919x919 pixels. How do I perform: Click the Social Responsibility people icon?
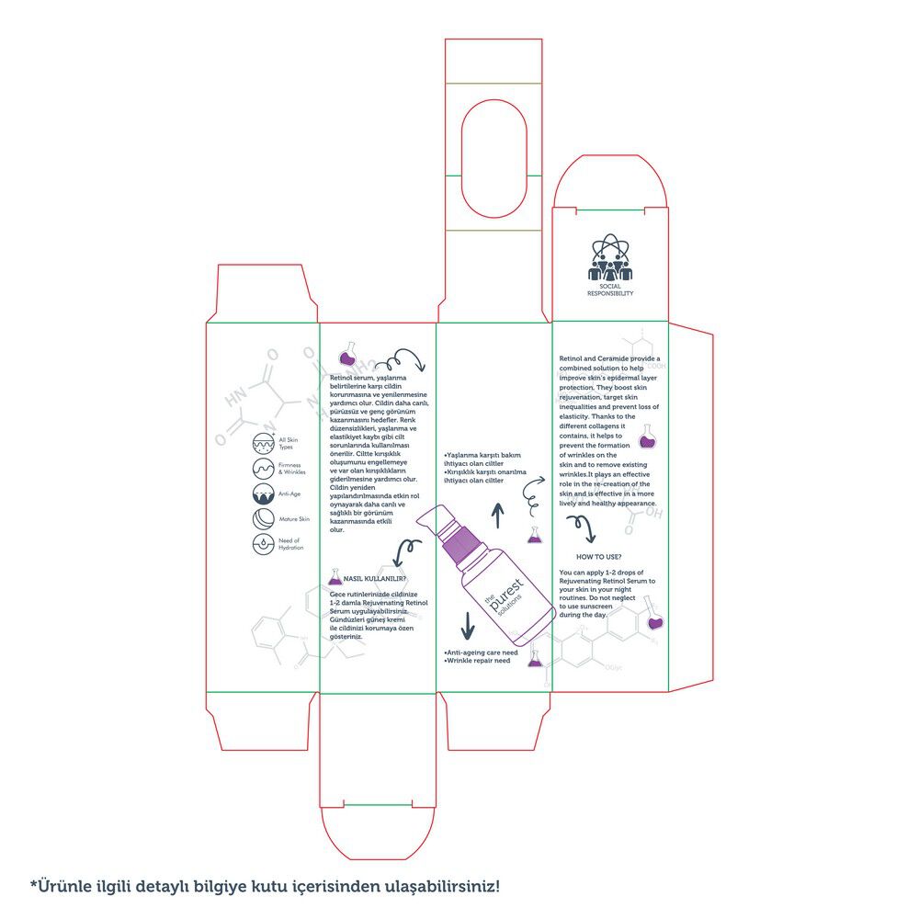(610, 260)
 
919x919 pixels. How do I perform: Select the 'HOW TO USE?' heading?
(598, 557)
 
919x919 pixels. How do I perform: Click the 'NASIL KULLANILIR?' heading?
(375, 580)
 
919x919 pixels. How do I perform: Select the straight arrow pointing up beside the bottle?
(498, 516)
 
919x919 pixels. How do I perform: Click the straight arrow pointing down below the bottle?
(467, 624)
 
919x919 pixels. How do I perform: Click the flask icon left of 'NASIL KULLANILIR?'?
(335, 579)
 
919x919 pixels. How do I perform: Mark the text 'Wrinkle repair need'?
(476, 661)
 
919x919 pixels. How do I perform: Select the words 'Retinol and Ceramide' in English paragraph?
(594, 358)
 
